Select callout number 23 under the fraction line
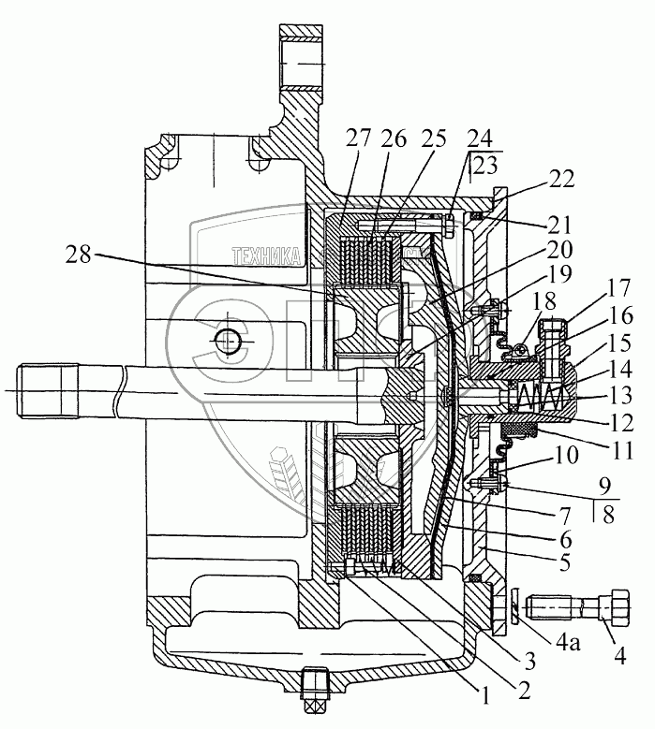click(484, 167)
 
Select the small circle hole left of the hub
click(225, 342)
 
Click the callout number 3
click(531, 661)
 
